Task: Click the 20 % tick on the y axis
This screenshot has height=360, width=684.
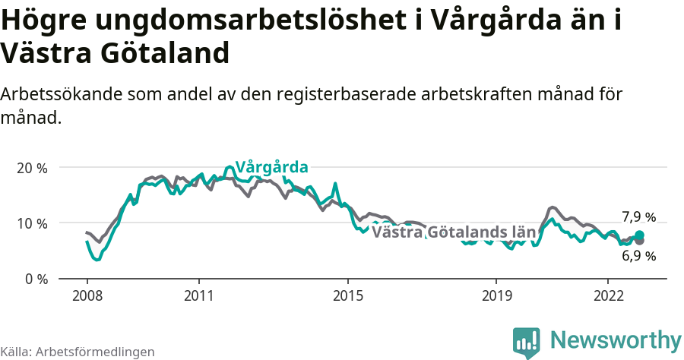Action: (x=32, y=168)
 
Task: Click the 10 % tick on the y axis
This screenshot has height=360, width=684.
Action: (x=32, y=223)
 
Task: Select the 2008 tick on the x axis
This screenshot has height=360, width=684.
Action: (x=87, y=295)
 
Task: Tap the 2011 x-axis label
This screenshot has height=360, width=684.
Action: (x=198, y=295)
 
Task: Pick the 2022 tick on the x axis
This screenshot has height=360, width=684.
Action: (x=608, y=295)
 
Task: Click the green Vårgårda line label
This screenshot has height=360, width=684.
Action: (x=271, y=167)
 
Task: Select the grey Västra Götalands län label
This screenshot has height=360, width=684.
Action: (x=454, y=232)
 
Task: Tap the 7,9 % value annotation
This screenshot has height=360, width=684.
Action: (x=638, y=217)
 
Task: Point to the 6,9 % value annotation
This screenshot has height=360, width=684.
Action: (x=638, y=256)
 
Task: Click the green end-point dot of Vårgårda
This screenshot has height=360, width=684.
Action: (x=639, y=235)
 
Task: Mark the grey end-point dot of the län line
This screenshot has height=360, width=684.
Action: (x=639, y=241)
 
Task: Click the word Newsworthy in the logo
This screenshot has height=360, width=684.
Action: (x=616, y=339)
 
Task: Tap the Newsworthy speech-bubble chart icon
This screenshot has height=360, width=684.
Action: (x=527, y=342)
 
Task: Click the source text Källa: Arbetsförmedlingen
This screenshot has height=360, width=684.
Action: (x=78, y=352)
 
